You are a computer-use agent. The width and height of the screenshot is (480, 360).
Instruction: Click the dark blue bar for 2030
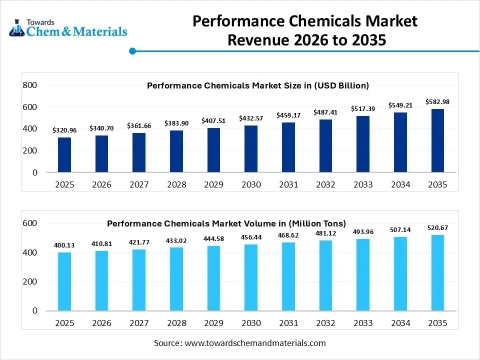click(x=251, y=148)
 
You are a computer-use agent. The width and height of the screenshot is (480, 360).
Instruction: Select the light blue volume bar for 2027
click(x=139, y=279)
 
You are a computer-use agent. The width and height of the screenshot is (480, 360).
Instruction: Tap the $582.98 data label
click(x=437, y=102)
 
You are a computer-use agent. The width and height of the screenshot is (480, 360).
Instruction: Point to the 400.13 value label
click(x=65, y=245)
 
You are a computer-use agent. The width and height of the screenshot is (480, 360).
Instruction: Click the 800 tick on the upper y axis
click(x=30, y=85)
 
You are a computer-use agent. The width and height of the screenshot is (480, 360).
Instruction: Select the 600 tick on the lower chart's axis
click(x=30, y=223)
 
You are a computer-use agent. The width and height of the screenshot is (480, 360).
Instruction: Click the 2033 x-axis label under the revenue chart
click(x=363, y=184)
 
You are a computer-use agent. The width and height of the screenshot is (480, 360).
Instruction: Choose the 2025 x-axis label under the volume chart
click(x=65, y=323)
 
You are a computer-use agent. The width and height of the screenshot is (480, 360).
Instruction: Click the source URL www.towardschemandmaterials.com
click(x=255, y=343)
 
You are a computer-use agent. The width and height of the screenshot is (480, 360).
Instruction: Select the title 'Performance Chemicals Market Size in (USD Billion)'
click(x=257, y=85)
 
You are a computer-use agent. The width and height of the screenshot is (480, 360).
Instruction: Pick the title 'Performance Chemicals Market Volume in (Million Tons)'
click(x=226, y=223)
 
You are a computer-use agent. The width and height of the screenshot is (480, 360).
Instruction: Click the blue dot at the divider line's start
click(x=132, y=50)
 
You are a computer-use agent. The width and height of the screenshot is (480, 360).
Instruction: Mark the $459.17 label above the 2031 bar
click(x=288, y=115)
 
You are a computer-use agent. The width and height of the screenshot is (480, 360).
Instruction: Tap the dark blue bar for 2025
click(x=65, y=154)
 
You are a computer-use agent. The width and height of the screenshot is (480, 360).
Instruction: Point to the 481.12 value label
click(x=325, y=233)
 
